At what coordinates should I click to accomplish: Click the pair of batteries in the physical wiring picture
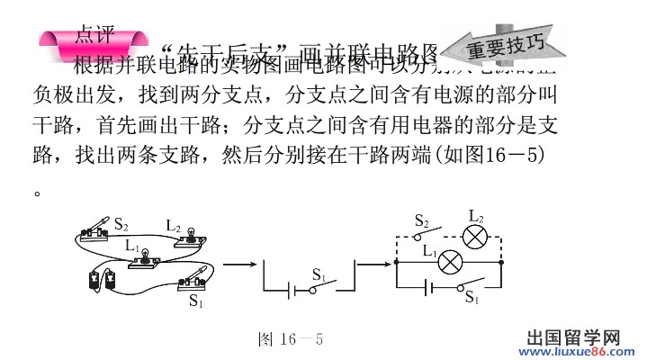coord(102,279)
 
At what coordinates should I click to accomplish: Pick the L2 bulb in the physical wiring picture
coord(191,236)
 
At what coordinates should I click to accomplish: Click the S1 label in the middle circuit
coord(319,273)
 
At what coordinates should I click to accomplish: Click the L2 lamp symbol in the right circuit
coord(475,237)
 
